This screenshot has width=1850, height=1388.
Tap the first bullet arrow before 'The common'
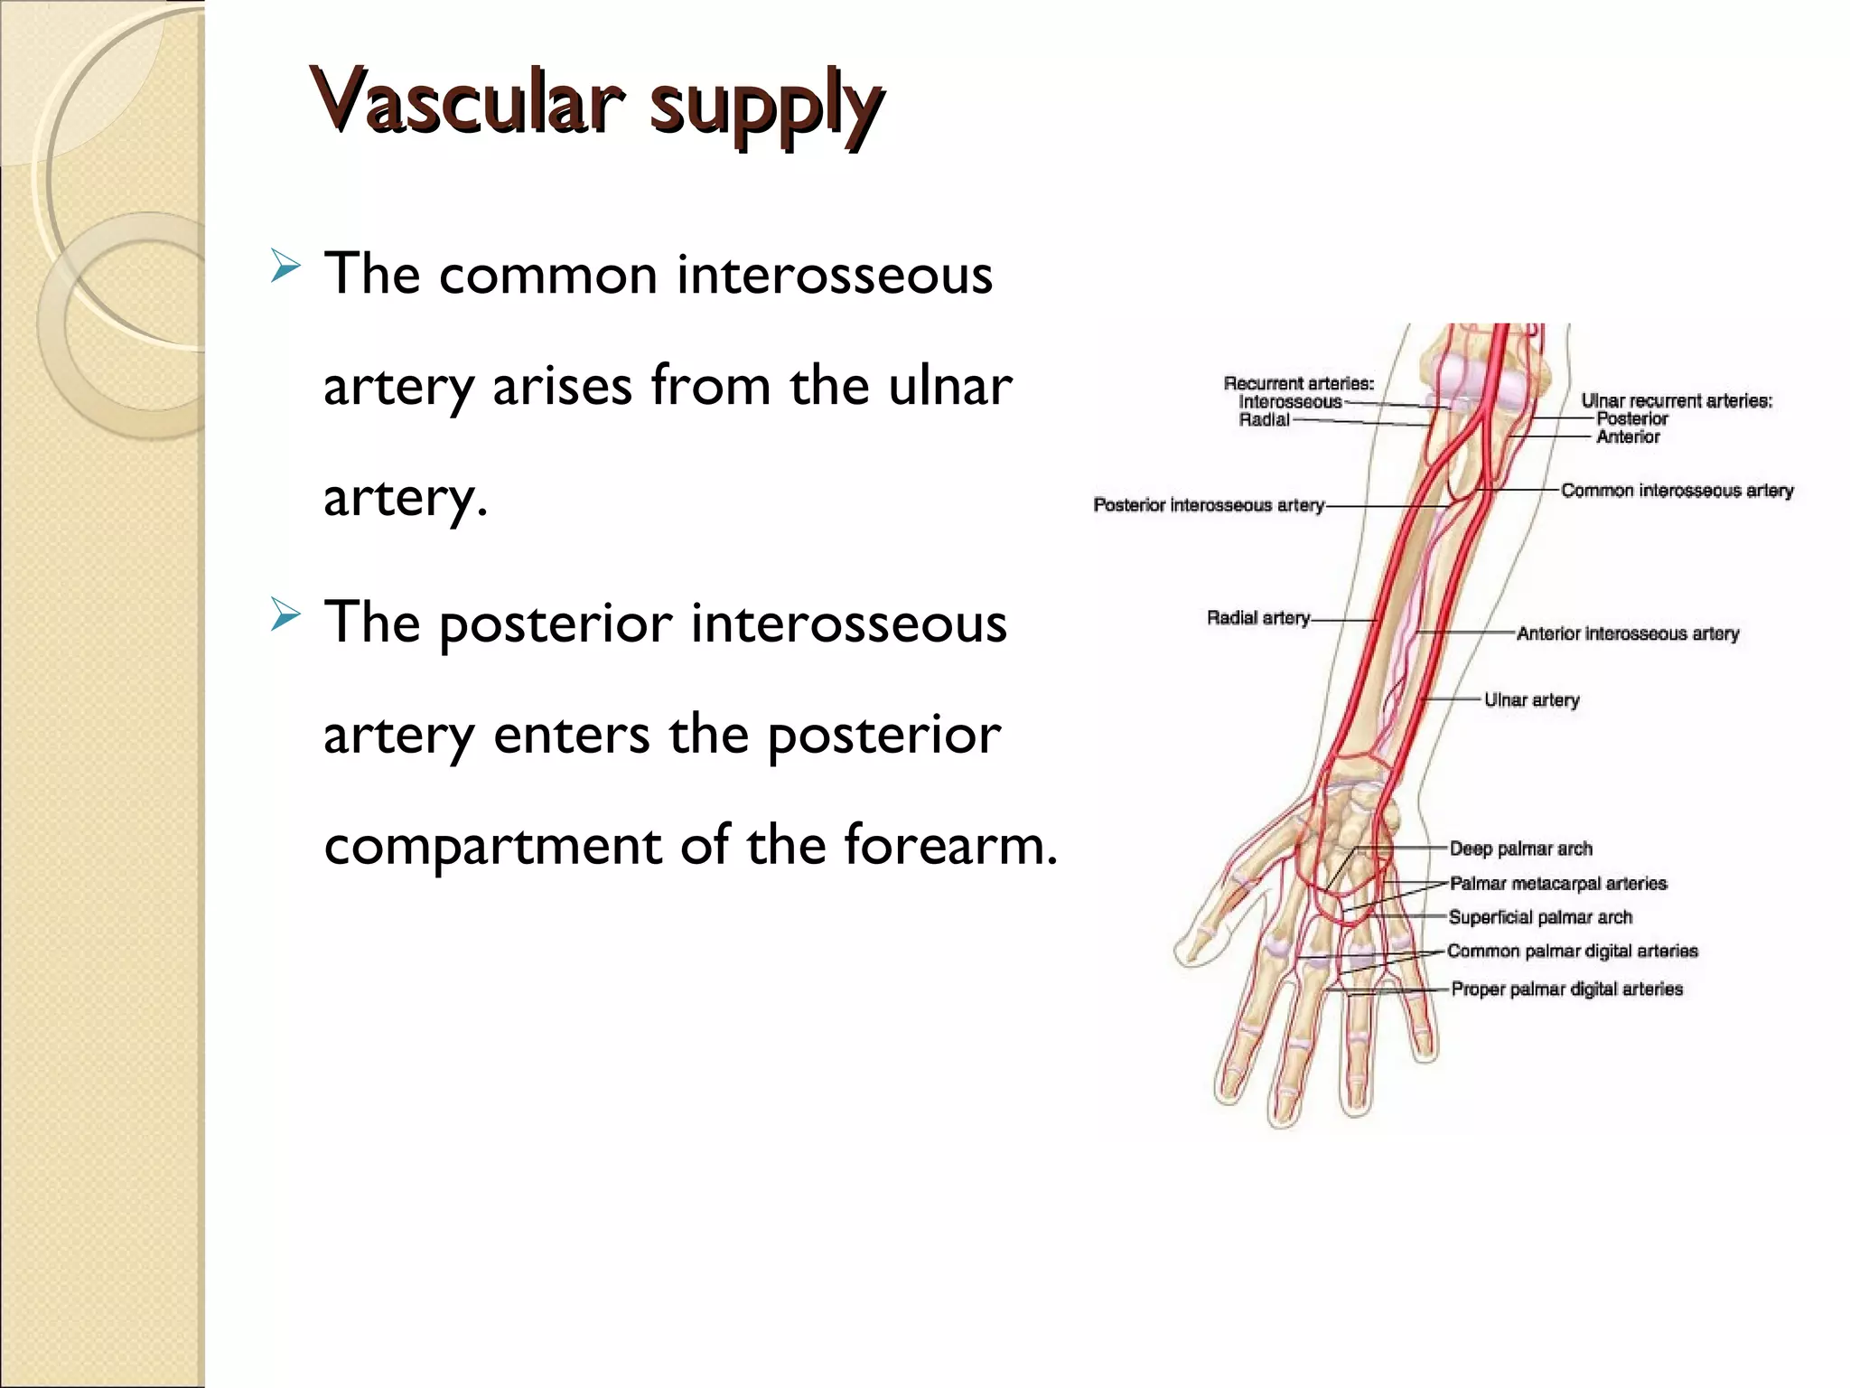(x=285, y=267)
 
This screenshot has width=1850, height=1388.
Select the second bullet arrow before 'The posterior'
(x=285, y=616)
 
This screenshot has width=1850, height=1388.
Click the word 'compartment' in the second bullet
(x=492, y=846)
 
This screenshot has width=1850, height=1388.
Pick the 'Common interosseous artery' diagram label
(x=1677, y=491)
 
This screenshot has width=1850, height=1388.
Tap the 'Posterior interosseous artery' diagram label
(x=1209, y=505)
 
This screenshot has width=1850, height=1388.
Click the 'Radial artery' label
(x=1258, y=618)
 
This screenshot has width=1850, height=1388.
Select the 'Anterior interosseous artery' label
(x=1628, y=633)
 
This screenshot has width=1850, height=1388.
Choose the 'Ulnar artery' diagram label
(x=1532, y=700)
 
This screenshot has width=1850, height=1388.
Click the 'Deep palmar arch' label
(x=1521, y=849)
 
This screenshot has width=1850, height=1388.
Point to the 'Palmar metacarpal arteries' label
(x=1558, y=883)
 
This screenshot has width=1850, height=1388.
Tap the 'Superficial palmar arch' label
(x=1540, y=917)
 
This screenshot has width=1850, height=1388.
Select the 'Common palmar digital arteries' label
(x=1573, y=951)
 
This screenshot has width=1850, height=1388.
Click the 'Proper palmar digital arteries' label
(x=1567, y=989)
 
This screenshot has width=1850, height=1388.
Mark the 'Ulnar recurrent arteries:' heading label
(x=1677, y=401)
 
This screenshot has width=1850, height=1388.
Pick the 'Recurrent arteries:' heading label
(x=1298, y=384)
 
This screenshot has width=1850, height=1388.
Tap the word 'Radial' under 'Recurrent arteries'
(x=1264, y=420)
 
